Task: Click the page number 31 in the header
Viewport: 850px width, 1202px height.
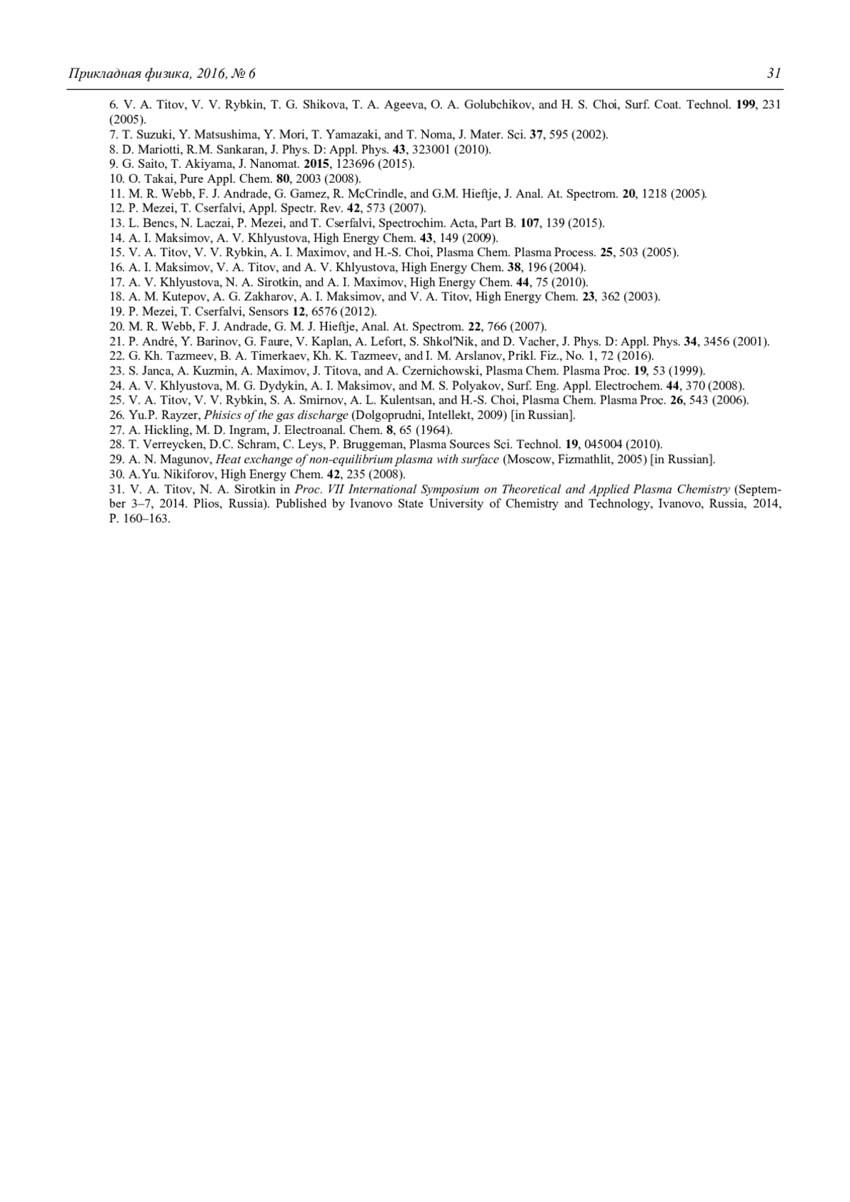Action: click(x=773, y=74)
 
